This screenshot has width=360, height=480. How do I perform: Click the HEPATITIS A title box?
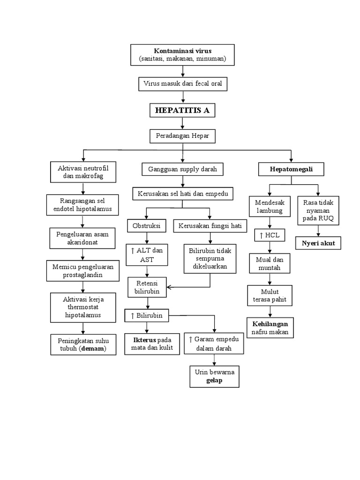(182, 111)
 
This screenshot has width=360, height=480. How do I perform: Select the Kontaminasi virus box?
(182, 55)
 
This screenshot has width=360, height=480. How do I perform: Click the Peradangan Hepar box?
(183, 136)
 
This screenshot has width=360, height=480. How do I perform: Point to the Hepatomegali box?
(291, 169)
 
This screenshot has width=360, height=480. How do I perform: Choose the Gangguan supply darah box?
(182, 169)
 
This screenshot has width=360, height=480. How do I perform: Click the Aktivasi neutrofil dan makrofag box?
(83, 172)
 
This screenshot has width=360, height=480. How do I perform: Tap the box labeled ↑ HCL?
(269, 235)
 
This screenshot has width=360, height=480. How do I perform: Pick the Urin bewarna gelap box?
(214, 376)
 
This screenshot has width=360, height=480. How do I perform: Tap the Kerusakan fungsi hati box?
(210, 225)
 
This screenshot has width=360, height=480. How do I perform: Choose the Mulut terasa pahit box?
(270, 295)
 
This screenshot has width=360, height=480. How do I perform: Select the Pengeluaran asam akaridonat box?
(82, 239)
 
